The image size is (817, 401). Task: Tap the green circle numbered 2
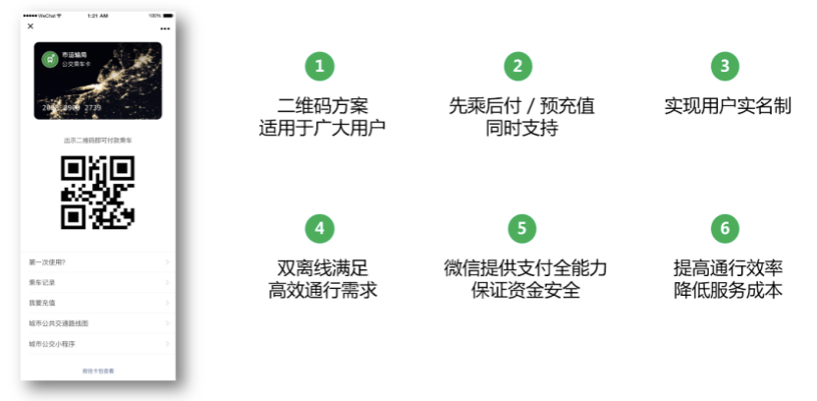tap(518, 66)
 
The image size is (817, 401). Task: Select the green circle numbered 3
tap(725, 66)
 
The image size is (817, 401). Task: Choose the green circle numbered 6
tap(725, 228)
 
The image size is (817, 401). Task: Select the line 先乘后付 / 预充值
tap(521, 106)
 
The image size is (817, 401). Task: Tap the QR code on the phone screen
tap(97, 192)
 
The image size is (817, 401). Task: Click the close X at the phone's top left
tap(30, 27)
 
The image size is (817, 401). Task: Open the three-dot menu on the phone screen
tap(164, 28)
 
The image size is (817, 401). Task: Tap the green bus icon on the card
tap(49, 58)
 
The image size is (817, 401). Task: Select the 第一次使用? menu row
tap(98, 262)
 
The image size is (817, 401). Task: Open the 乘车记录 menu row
tap(98, 283)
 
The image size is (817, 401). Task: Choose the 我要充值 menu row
tap(98, 303)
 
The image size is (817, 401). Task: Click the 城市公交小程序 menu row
tap(98, 344)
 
